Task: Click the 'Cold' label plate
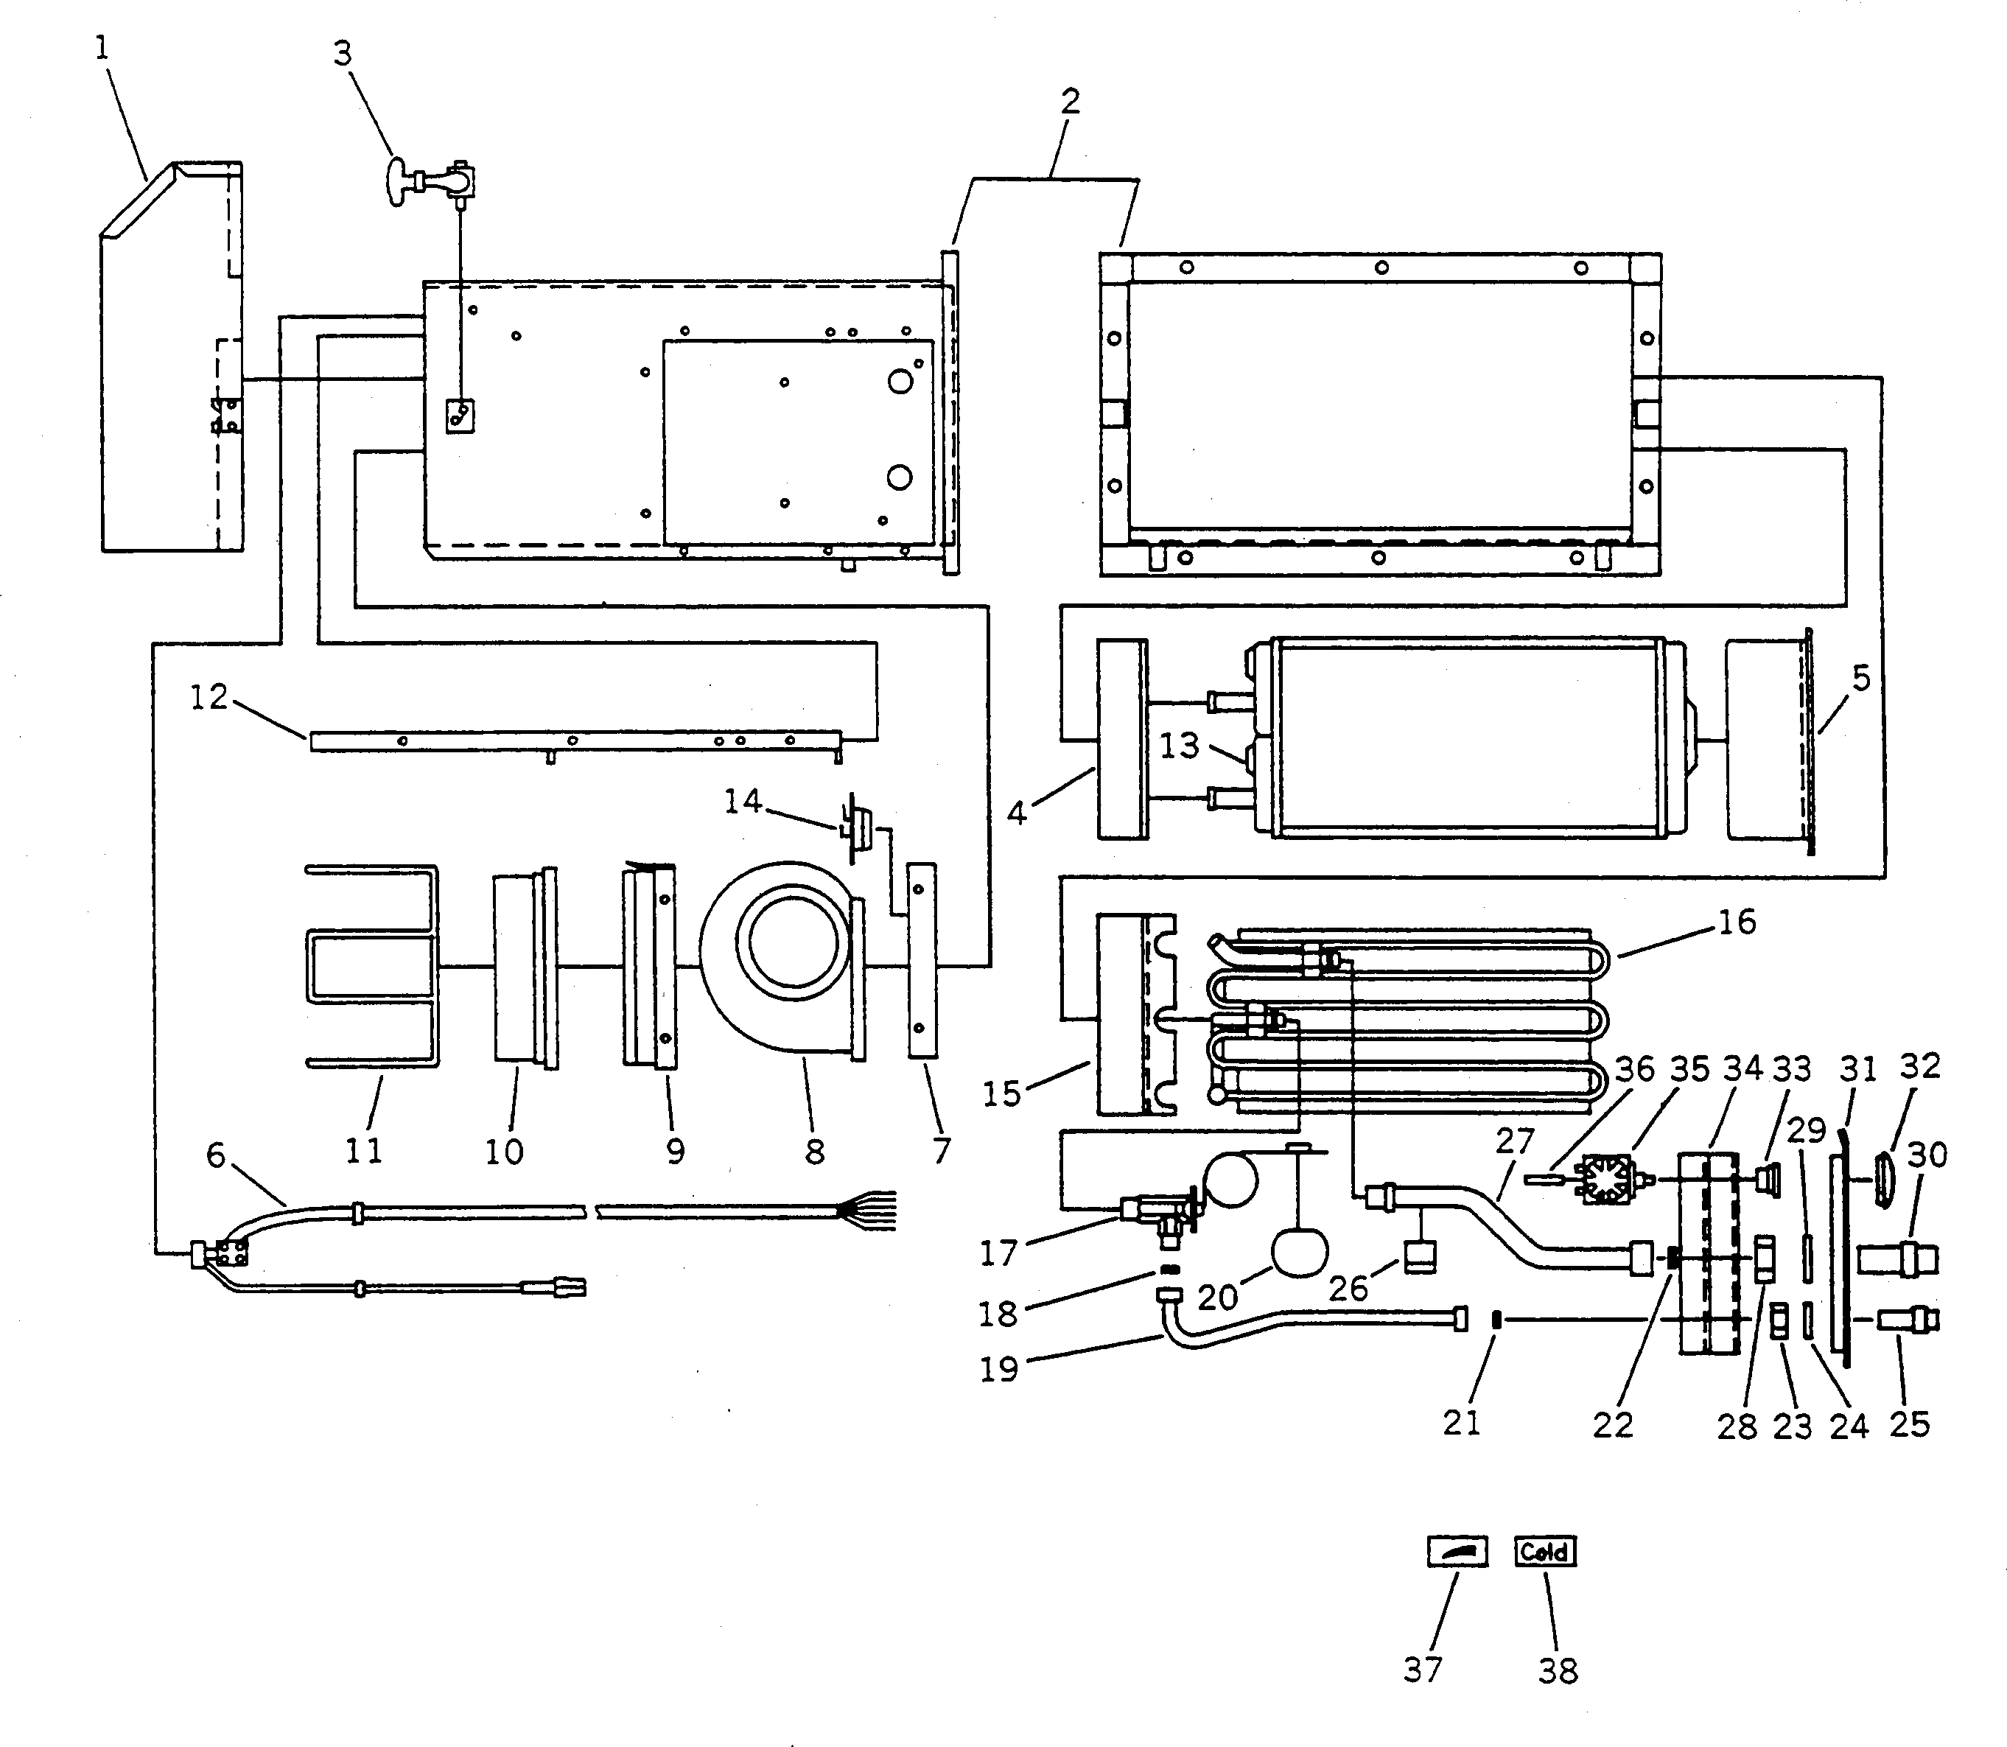point(1545,1552)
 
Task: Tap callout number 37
point(1422,1670)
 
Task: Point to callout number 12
point(209,696)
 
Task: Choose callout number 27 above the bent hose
point(1515,1141)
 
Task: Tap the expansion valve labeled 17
point(1157,1211)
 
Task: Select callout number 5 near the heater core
point(1861,679)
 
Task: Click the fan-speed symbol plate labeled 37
point(1457,1551)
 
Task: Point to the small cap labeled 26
point(1419,1258)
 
